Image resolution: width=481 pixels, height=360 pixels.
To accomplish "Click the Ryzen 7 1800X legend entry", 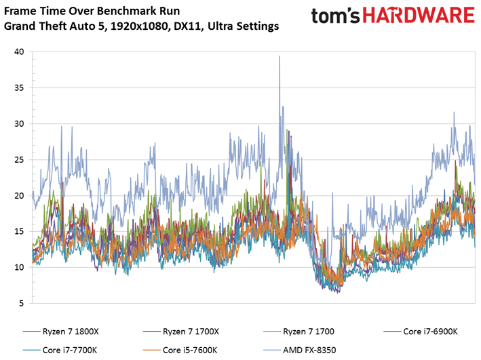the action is (x=61, y=332).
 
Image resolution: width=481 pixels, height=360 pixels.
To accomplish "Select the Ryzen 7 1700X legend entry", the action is (x=181, y=332).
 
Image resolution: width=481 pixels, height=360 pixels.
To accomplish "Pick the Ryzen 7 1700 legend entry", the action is (x=299, y=332).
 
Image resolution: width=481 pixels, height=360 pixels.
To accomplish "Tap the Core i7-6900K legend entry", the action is (x=421, y=332).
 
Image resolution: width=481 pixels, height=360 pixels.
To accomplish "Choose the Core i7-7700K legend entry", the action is (x=60, y=351).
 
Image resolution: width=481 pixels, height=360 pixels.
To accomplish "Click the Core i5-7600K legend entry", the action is (x=180, y=351).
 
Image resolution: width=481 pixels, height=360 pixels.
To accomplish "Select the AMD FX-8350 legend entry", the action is (x=300, y=351).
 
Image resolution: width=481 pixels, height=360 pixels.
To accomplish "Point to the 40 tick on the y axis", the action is (x=19, y=52).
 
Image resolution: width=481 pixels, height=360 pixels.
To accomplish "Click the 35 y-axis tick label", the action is (x=19, y=87).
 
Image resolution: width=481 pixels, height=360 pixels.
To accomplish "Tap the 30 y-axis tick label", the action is (x=19, y=123).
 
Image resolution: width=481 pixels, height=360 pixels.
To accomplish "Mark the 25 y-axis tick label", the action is (x=19, y=160).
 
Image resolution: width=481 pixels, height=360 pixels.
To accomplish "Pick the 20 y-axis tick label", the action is (x=19, y=196).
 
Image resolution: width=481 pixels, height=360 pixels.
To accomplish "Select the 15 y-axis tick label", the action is (x=19, y=231).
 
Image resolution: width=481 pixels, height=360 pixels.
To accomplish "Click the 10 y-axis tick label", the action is (x=19, y=267).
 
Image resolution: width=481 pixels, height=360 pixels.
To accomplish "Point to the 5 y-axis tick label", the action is (x=22, y=304).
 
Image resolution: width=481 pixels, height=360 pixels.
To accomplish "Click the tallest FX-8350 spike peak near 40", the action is (x=280, y=56).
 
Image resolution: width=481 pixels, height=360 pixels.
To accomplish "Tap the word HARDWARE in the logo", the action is (x=419, y=16).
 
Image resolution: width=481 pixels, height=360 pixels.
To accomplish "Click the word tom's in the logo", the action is (x=336, y=16).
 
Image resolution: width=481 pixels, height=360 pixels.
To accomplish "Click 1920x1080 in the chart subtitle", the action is (x=139, y=26).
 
